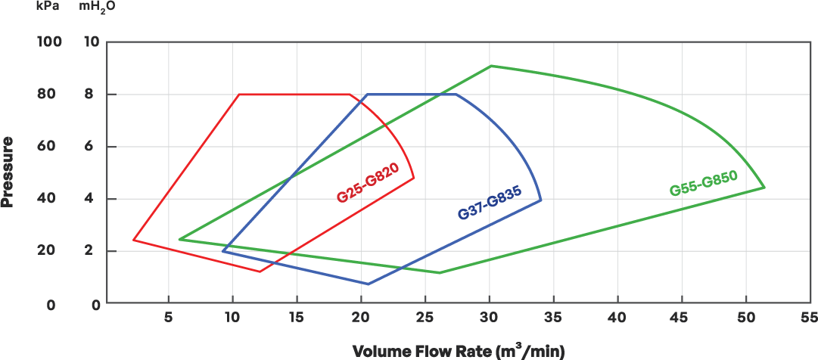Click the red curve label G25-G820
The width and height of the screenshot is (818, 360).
368,185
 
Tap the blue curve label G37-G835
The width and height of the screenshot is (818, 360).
490,203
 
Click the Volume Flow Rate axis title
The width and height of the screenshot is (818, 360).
459,352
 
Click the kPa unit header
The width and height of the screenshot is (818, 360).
48,6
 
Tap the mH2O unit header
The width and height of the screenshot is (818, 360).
97,7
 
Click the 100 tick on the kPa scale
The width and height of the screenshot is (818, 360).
48,42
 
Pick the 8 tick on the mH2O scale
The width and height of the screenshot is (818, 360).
93,95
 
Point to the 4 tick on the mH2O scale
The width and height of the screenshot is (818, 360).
93,199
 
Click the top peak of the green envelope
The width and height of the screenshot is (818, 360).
490,66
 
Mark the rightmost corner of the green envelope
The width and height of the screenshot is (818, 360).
765,187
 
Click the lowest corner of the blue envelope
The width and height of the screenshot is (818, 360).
368,284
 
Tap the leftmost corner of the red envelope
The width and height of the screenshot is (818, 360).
133,240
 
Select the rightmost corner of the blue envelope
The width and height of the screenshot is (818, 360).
542,199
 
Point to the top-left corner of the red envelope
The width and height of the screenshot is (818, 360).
239,95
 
